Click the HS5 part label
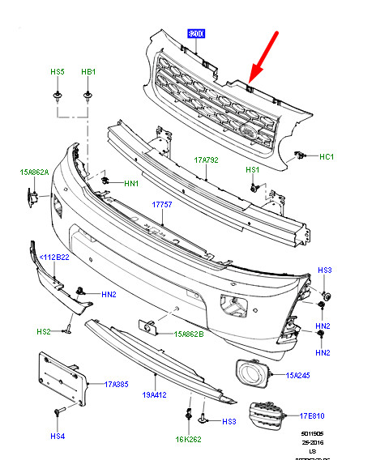tap(58, 72)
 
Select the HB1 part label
tap(88, 72)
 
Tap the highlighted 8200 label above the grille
tap(197, 34)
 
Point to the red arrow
tap(264, 56)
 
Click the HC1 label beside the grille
tap(327, 156)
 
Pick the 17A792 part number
tap(206, 160)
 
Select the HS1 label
tap(253, 170)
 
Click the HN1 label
tap(131, 183)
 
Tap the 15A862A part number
tap(35, 172)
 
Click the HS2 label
tap(43, 332)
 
